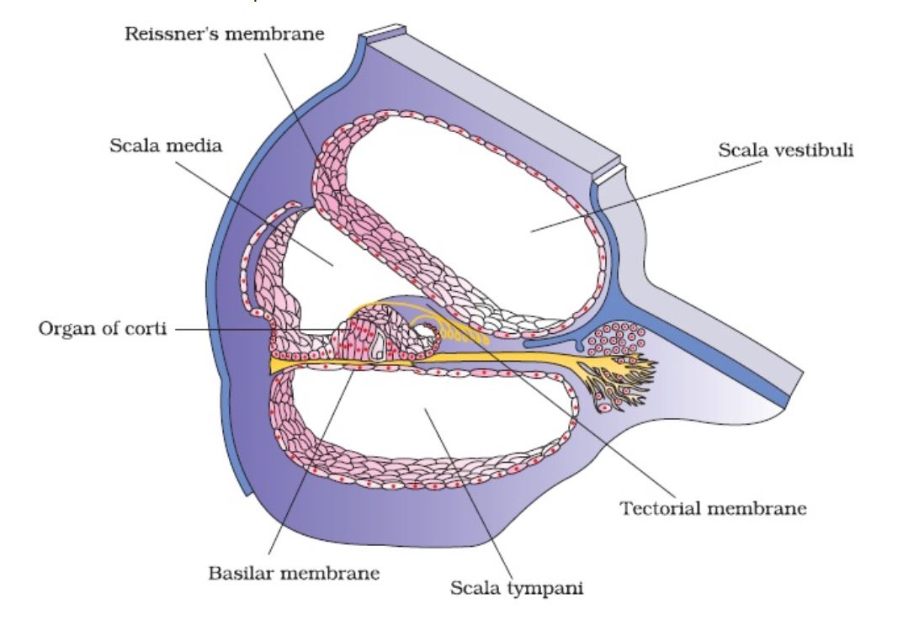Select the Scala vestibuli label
(786, 151)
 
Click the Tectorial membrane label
(713, 509)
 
